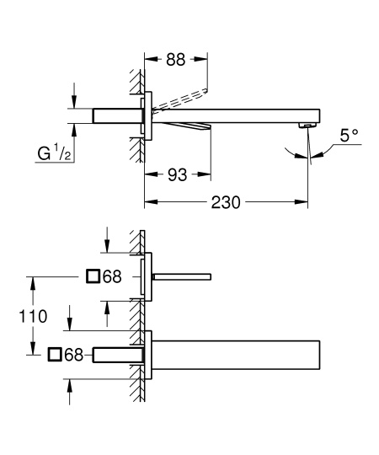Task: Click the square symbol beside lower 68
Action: pyautogui.click(x=56, y=355)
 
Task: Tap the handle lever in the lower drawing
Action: pyautogui.click(x=181, y=276)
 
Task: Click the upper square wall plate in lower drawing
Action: pyautogui.click(x=147, y=276)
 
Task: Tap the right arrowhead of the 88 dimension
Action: pyautogui.click(x=205, y=59)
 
